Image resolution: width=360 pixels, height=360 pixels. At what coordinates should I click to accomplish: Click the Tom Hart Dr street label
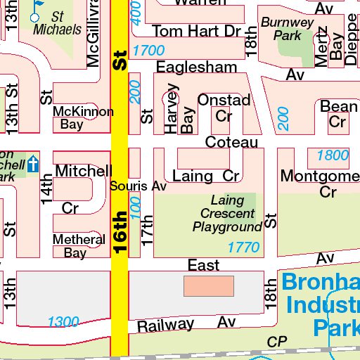point(196,31)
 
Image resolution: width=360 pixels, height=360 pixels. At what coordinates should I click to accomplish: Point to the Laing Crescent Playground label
point(227,214)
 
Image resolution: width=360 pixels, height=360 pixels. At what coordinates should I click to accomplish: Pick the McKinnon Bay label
point(83,118)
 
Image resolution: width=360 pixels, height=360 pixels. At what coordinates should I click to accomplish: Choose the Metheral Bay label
point(79,246)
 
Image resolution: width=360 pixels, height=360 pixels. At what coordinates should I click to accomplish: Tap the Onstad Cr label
point(224,108)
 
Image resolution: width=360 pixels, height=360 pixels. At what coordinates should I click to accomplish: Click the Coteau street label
point(231,142)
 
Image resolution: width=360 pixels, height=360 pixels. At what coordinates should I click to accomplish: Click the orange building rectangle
point(208,286)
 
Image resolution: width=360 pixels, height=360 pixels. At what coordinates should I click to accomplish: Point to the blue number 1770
point(243,247)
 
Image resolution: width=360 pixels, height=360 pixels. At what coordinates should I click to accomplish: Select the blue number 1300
point(63,322)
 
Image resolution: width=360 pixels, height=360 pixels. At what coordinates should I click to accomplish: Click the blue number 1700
point(148,51)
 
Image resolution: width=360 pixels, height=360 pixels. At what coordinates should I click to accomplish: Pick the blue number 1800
point(332,155)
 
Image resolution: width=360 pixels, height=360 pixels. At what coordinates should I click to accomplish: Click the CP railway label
point(278,341)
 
